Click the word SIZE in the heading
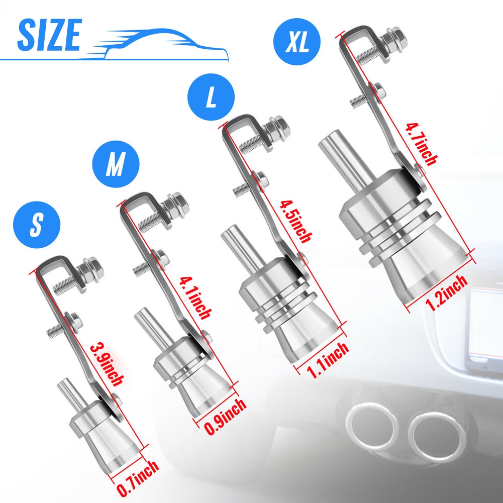pyautogui.click(x=49, y=35)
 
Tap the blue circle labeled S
pyautogui.click(x=37, y=225)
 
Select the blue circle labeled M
pyautogui.click(x=116, y=164)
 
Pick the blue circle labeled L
pyautogui.click(x=211, y=96)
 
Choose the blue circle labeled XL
pyautogui.click(x=297, y=41)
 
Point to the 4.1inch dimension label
pyautogui.click(x=195, y=297)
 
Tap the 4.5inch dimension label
pyautogui.click(x=295, y=221)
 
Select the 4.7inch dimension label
pyautogui.click(x=421, y=144)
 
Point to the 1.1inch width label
pyautogui.click(x=328, y=360)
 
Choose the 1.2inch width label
pyautogui.click(x=446, y=292)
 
